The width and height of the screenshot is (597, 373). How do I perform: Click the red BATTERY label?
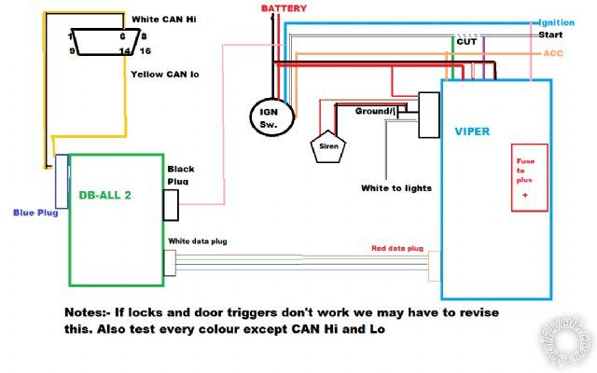coord(284,8)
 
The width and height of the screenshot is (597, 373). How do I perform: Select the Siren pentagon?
coord(326,145)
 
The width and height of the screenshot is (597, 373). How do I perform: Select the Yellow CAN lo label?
coord(165,74)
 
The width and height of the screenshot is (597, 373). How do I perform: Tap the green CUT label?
coord(466,41)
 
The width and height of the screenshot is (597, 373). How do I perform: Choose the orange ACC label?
coord(553,53)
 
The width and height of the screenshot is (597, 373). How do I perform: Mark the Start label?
coord(550,35)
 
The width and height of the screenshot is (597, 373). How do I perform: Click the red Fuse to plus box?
coord(528,177)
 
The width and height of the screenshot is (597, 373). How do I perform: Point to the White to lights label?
coord(396,187)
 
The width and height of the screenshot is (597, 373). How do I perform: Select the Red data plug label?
coord(397,249)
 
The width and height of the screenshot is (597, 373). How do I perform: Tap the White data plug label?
coord(198,242)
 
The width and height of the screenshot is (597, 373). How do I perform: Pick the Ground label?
coord(375,111)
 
